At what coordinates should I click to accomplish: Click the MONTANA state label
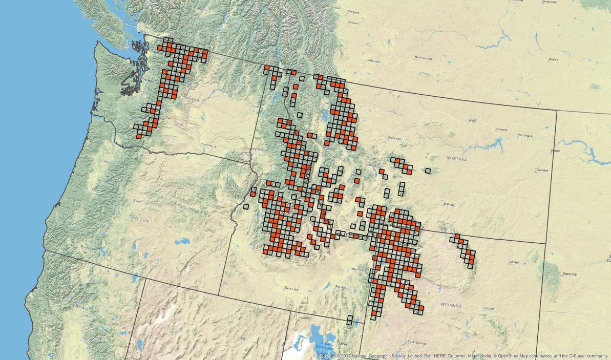pos(456,159)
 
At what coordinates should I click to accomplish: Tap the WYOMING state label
pos(450,305)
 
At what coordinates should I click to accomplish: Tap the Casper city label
pos(490,308)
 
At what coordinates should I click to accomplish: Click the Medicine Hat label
pos(424,58)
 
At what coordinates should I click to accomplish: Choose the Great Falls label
pos(395,138)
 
